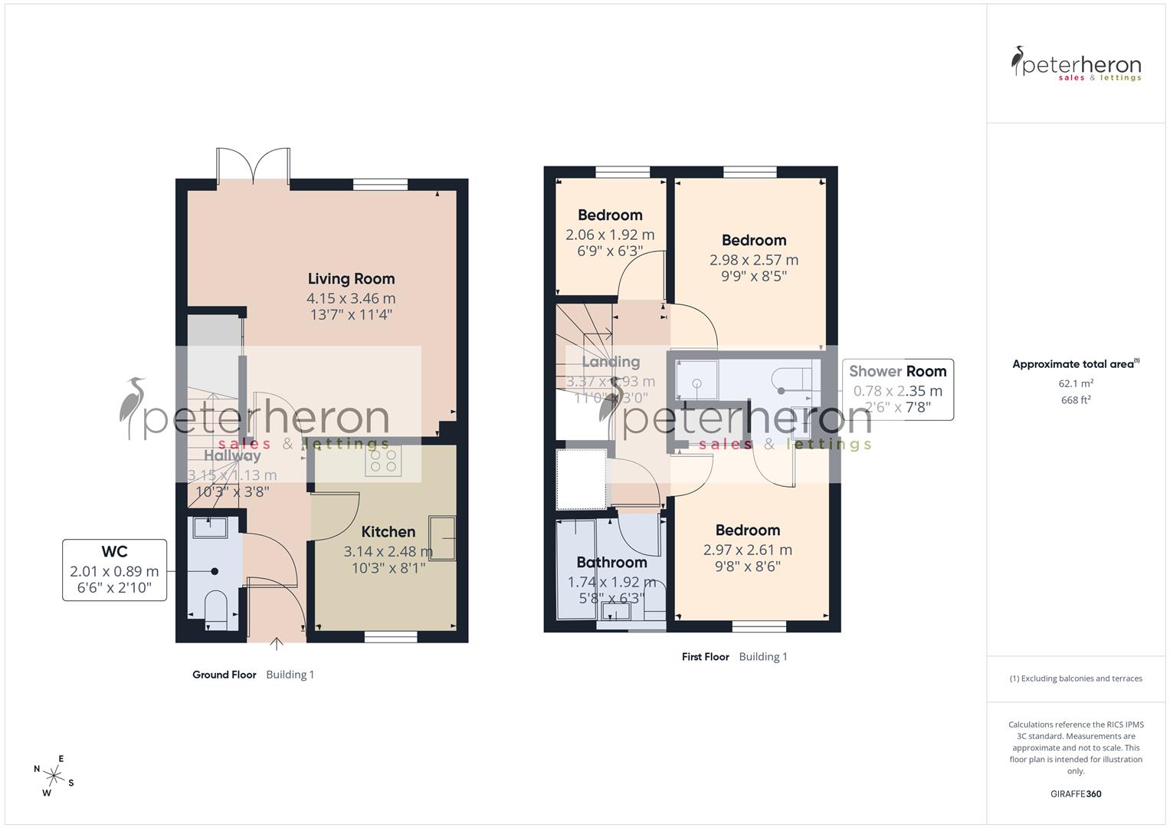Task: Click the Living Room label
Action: click(351, 279)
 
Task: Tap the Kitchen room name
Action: click(388, 532)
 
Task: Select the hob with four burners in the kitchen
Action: click(383, 460)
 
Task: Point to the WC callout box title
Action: click(114, 551)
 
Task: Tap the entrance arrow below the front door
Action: click(277, 643)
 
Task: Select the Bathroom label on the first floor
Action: click(611, 563)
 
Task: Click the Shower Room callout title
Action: click(897, 371)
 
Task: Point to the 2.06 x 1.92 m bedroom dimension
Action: click(610, 235)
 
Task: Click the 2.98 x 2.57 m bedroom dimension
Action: click(754, 260)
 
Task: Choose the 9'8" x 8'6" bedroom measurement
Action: click(747, 567)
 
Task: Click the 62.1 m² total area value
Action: click(1076, 383)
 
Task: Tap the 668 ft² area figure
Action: click(1076, 400)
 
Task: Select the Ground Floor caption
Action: click(224, 675)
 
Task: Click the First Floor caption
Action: click(705, 657)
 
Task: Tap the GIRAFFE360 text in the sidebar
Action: click(1076, 794)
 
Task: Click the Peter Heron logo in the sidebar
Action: click(1076, 64)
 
